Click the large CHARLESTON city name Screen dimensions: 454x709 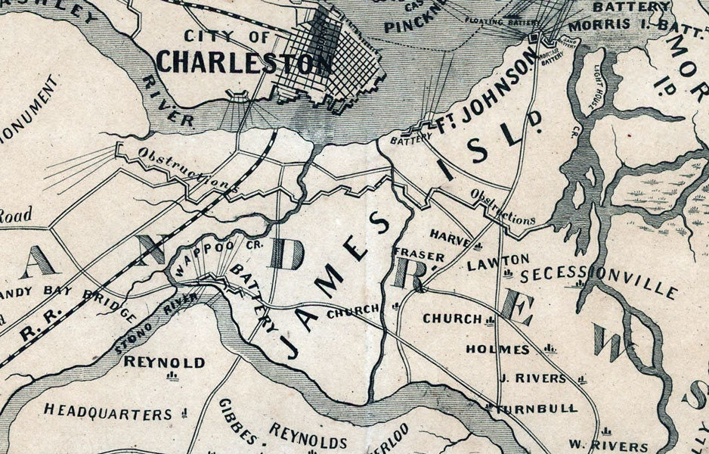[x=243, y=62]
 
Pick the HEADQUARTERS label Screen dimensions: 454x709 [x=108, y=413]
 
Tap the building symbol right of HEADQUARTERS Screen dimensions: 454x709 [x=184, y=413]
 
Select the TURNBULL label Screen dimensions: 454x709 [x=537, y=408]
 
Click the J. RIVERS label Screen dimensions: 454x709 [x=532, y=378]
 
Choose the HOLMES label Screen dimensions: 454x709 [x=498, y=349]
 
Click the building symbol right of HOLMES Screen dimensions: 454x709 [x=550, y=349]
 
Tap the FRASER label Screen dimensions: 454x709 [x=418, y=256]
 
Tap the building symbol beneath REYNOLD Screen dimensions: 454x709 [x=172, y=376]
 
